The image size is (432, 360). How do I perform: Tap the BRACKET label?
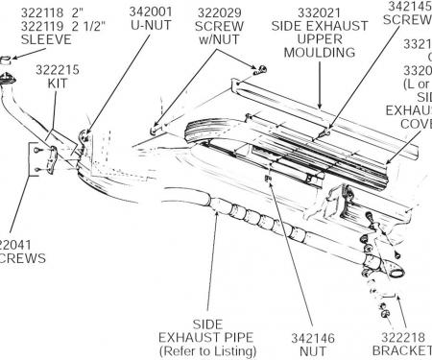(x=401, y=351)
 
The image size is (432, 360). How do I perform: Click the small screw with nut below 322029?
(x=256, y=69)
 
